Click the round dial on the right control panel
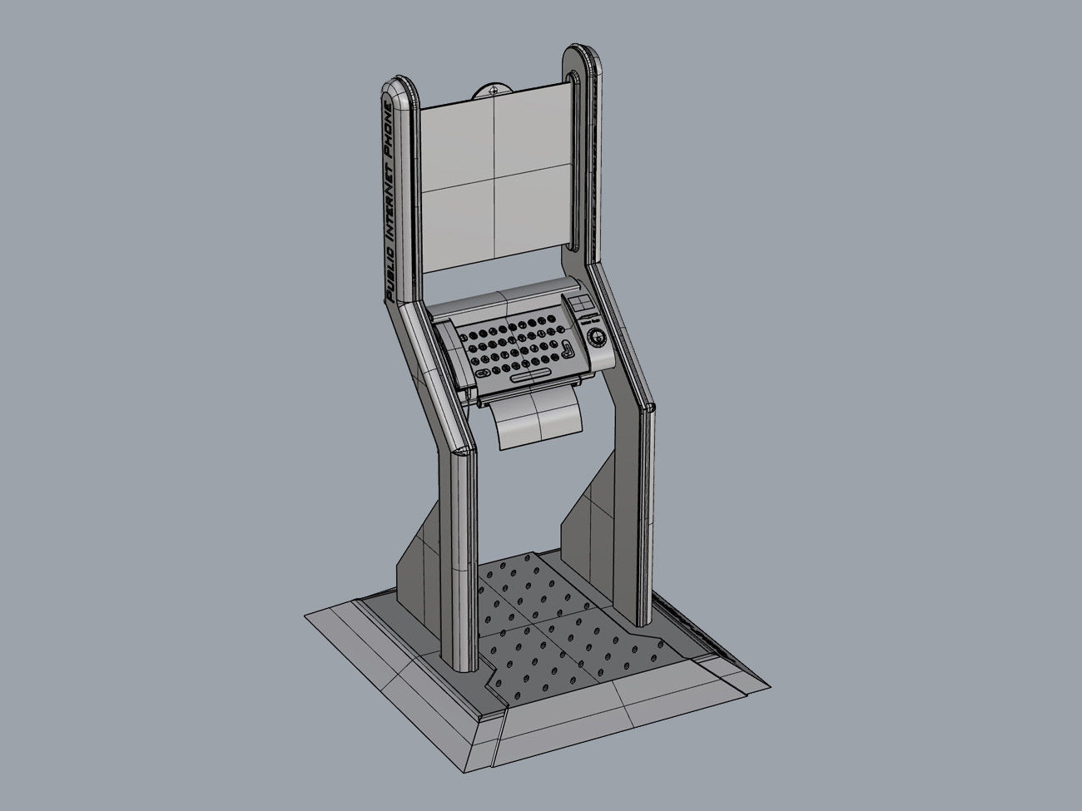point(596,337)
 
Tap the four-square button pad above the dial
point(581,305)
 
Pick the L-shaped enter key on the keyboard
point(567,349)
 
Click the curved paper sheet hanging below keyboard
point(536,422)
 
